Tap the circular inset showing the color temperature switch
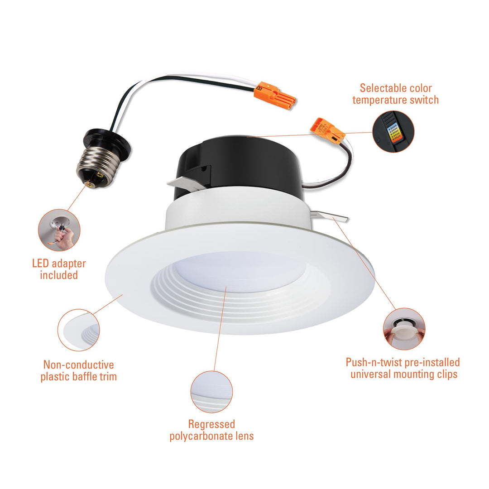click(x=393, y=132)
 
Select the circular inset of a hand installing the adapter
click(x=59, y=230)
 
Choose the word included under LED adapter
click(x=59, y=275)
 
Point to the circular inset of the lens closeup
click(x=211, y=392)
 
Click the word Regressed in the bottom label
click(x=211, y=425)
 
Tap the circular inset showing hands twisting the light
click(x=404, y=329)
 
